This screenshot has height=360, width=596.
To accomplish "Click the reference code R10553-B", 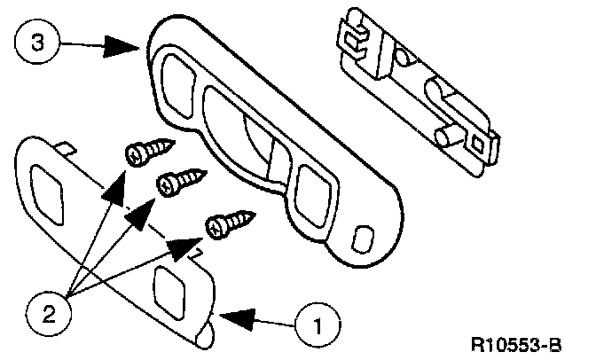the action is (529, 341).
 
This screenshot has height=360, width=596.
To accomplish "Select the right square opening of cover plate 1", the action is (169, 286).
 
